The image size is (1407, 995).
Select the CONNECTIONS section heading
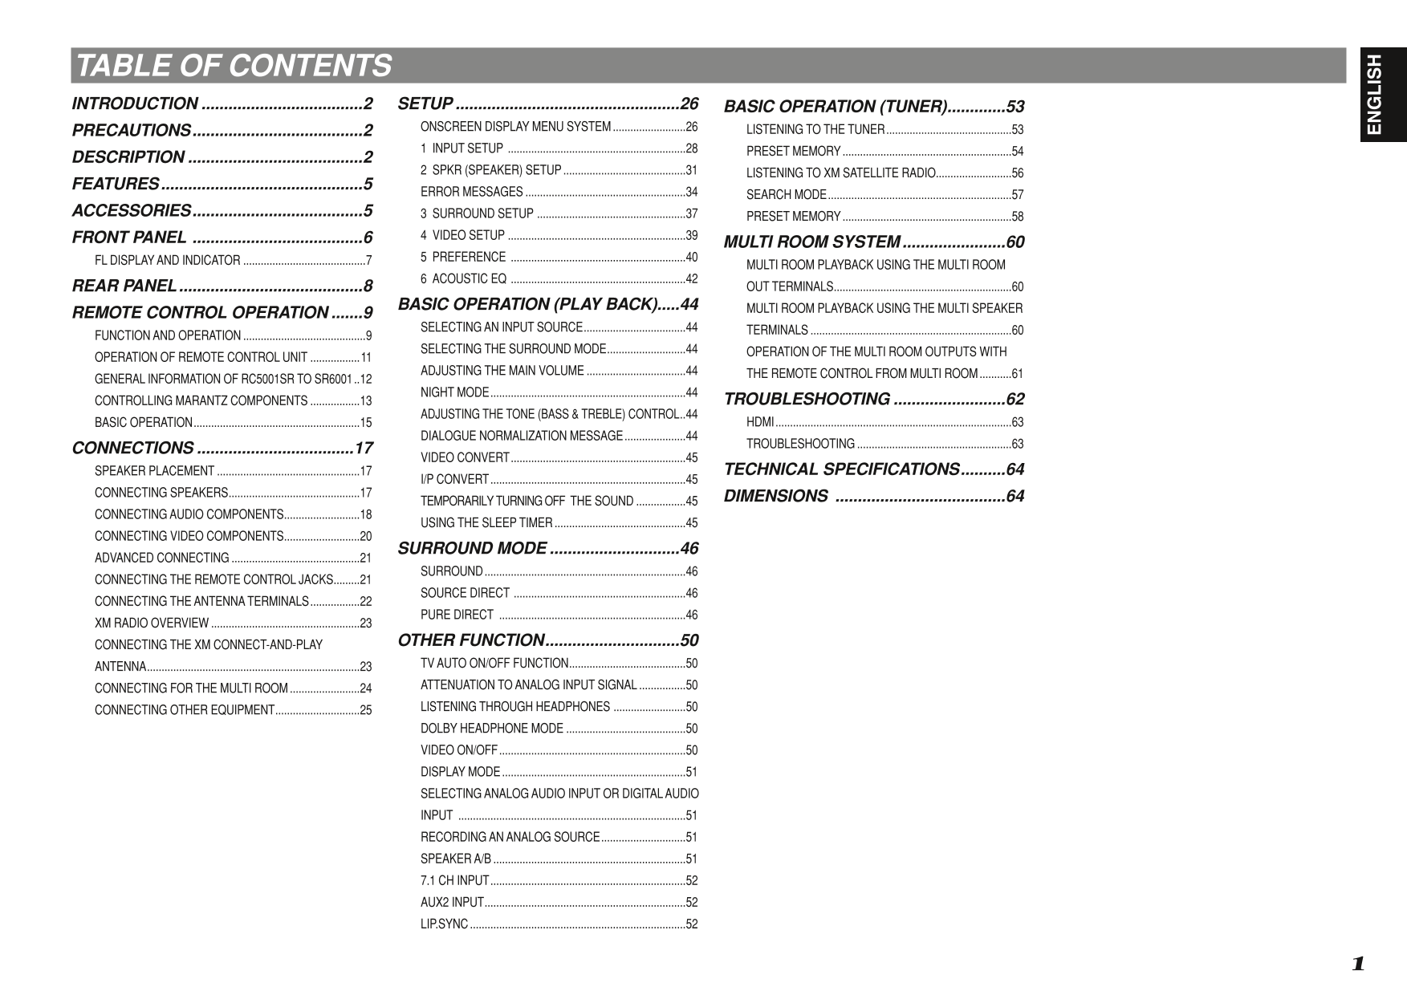coord(133,448)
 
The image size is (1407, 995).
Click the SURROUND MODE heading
coord(472,548)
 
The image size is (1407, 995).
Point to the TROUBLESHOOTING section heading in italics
coord(807,399)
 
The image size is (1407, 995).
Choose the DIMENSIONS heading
coord(775,496)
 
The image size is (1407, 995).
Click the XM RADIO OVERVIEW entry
coord(152,623)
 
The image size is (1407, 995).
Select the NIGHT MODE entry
coord(454,392)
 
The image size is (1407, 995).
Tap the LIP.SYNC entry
coord(444,924)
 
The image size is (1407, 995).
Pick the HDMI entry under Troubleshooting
coord(760,422)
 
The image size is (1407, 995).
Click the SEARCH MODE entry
coord(786,194)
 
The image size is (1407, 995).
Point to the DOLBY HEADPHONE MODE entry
coord(491,729)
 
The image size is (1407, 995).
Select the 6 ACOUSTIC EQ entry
coord(463,278)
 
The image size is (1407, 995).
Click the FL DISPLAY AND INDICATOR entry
coord(167,260)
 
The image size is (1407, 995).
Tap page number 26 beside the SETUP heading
coord(689,104)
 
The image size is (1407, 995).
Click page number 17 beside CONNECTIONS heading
coord(364,448)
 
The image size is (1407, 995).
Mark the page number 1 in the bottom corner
coord(1357,964)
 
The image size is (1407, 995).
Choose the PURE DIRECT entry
coord(457,615)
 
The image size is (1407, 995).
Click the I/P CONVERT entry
coord(454,479)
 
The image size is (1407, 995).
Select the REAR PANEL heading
coord(124,286)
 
